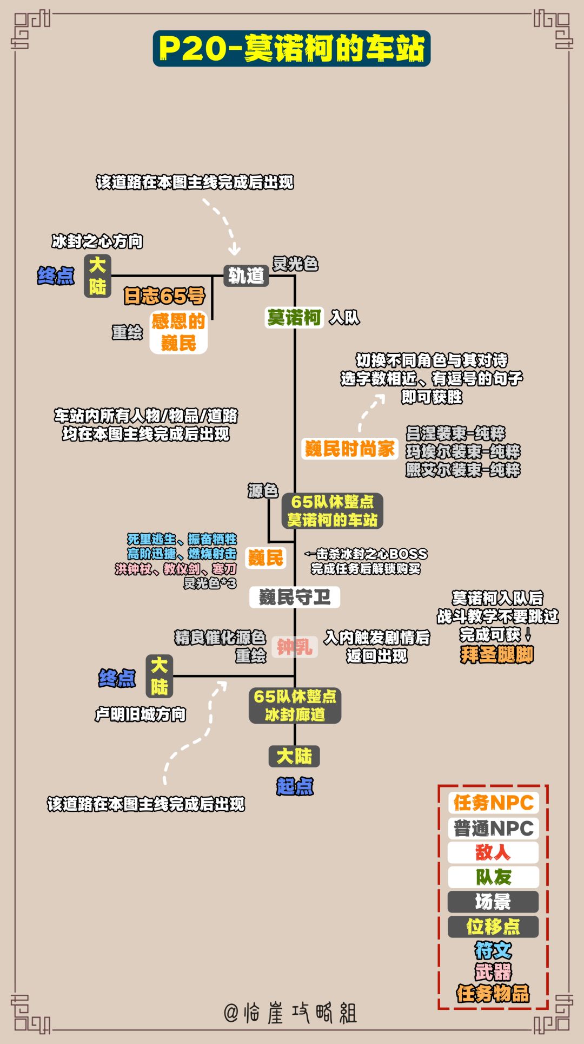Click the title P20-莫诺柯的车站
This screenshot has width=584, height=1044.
(291, 49)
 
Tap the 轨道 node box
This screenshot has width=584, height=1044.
(246, 275)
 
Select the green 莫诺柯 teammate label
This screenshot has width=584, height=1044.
(294, 317)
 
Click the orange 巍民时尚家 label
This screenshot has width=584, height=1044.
(349, 449)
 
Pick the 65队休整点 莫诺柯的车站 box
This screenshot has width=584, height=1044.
(332, 510)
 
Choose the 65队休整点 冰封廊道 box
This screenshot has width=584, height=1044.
(295, 705)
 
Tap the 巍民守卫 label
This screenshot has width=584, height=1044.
(294, 597)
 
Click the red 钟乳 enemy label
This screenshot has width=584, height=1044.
(294, 646)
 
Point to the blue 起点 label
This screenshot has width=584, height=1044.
(295, 786)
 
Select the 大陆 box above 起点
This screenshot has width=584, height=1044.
(294, 756)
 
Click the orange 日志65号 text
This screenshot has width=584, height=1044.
(164, 296)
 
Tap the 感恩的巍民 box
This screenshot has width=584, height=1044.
(178, 332)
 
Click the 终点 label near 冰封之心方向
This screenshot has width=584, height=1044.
(56, 275)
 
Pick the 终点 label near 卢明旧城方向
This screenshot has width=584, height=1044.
(117, 678)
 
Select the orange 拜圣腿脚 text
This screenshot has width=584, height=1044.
(496, 654)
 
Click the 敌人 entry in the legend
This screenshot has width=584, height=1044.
(493, 852)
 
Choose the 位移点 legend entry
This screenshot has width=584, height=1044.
(493, 927)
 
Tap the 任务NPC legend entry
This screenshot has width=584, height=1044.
(493, 803)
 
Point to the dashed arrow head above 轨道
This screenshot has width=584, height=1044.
(235, 250)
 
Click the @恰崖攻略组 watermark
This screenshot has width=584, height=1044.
(290, 1013)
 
